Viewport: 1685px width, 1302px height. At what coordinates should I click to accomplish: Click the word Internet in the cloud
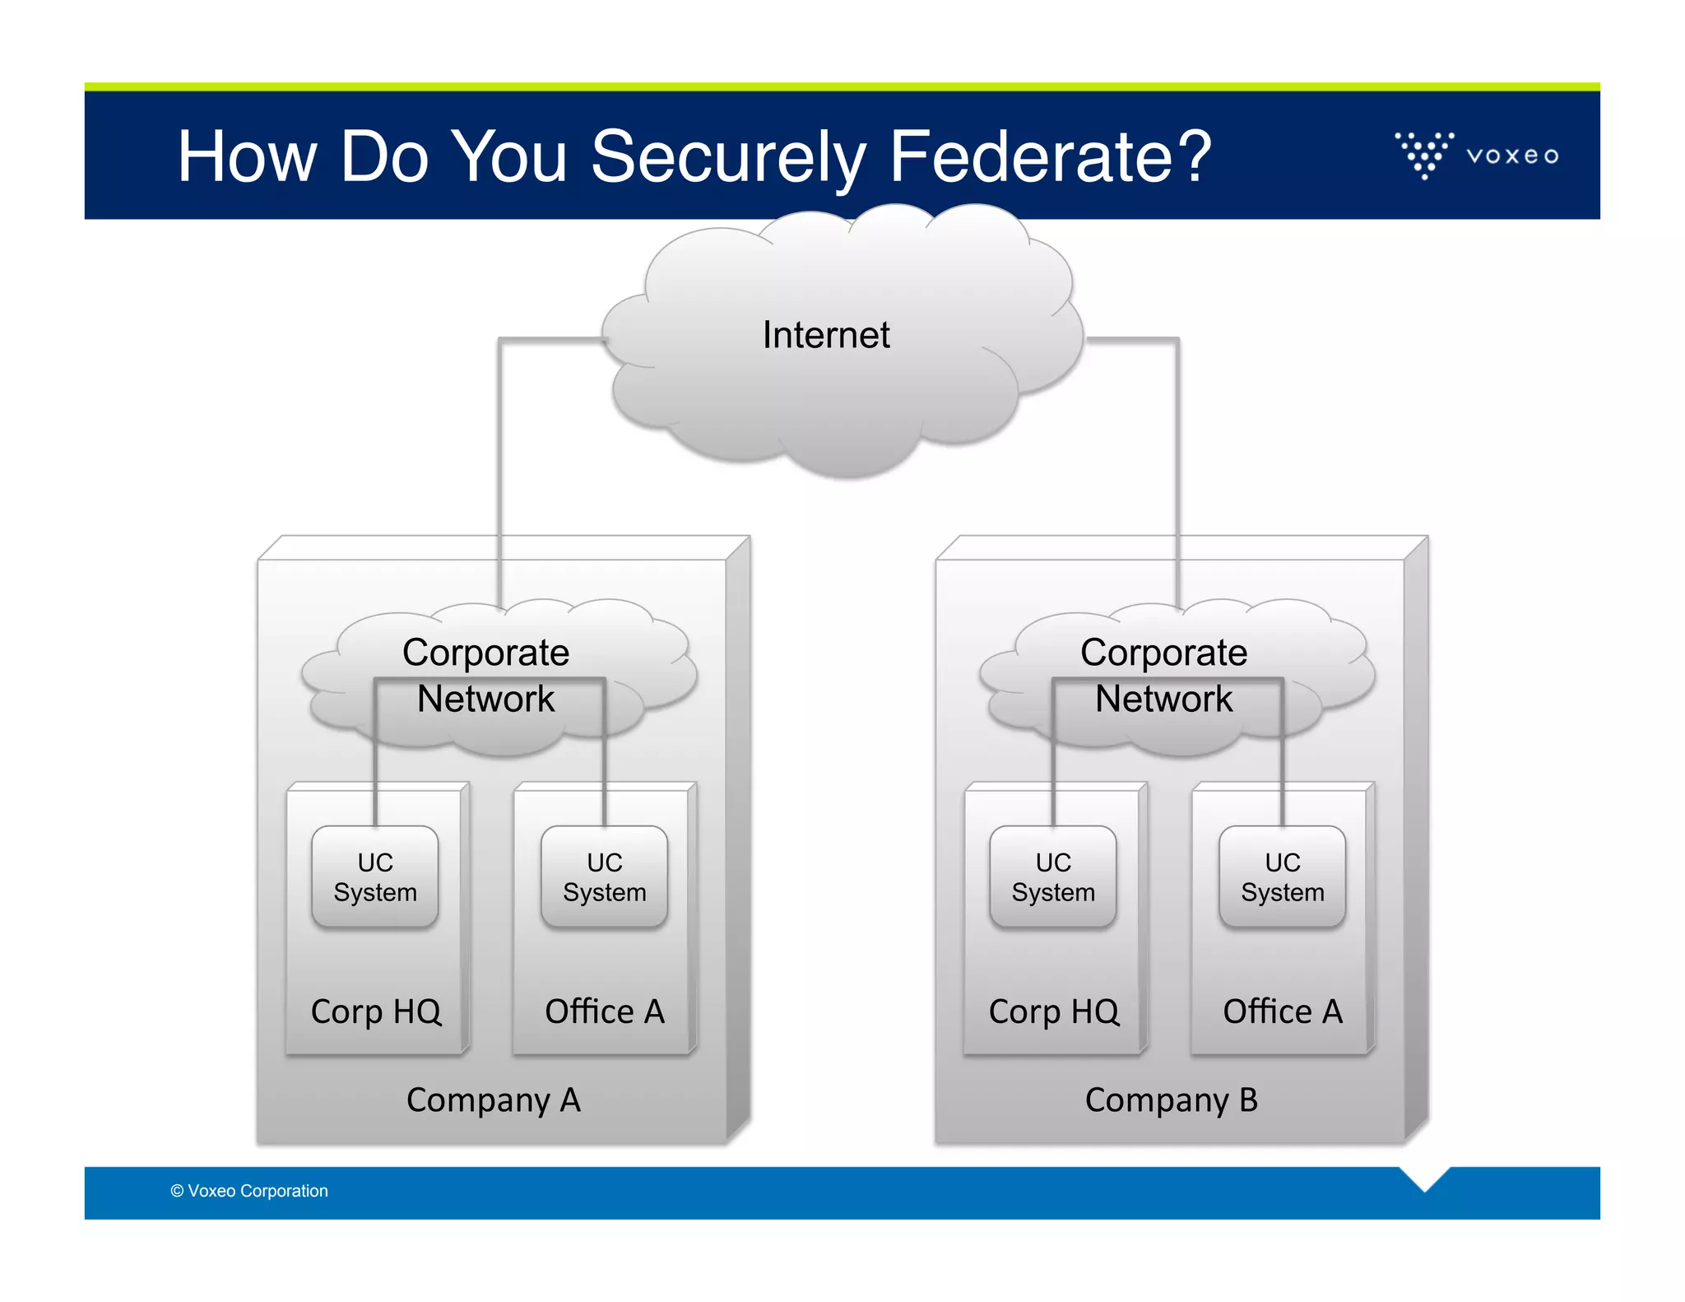[x=826, y=335]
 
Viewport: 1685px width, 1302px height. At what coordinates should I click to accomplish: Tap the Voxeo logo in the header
[x=1477, y=155]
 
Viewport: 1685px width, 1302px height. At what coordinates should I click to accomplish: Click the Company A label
[x=494, y=1100]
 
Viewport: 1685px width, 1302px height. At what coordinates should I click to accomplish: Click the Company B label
[x=1172, y=1100]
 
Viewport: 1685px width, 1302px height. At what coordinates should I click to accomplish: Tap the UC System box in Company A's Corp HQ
[x=375, y=877]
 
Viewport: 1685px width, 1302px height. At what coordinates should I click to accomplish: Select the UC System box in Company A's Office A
[x=605, y=877]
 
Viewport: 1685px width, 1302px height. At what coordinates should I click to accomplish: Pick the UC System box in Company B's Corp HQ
[x=1053, y=877]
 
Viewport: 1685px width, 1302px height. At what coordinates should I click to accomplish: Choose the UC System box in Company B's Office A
[x=1283, y=877]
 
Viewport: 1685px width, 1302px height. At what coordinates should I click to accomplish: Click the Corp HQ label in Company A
[x=376, y=1011]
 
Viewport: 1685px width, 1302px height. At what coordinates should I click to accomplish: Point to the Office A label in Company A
[x=605, y=1011]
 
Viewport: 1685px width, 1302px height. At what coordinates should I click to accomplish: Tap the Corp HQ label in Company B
[x=1054, y=1011]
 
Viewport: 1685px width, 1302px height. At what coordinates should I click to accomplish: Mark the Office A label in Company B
[x=1283, y=1011]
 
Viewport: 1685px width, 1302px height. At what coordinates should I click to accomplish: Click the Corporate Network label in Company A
[x=486, y=675]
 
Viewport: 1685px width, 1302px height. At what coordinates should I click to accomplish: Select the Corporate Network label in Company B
[x=1164, y=675]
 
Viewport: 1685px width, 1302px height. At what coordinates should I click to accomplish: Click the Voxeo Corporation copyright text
[x=249, y=1191]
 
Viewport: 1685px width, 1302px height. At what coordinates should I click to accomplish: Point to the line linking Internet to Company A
[x=499, y=461]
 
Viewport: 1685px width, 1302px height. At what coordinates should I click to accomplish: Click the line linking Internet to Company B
[x=1178, y=461]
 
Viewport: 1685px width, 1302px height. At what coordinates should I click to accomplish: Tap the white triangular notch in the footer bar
[x=1424, y=1177]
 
